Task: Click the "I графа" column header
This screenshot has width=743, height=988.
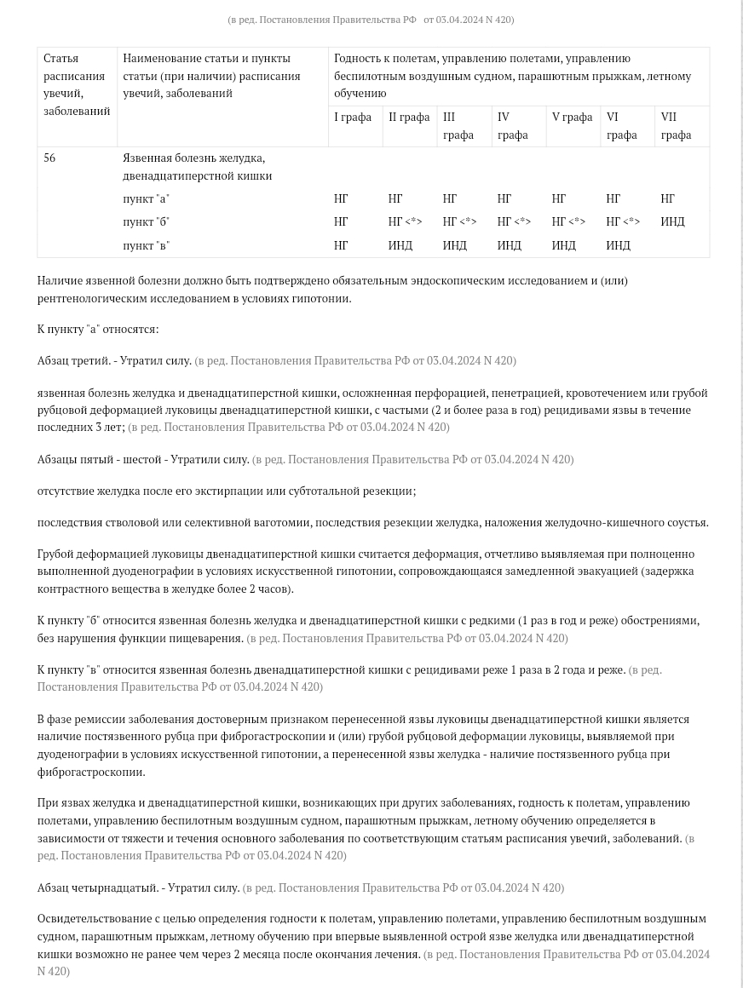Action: click(x=352, y=117)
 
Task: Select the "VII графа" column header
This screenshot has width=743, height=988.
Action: click(x=676, y=125)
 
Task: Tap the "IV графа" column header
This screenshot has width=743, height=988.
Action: click(x=512, y=125)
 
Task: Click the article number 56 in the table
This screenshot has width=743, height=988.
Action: click(x=49, y=158)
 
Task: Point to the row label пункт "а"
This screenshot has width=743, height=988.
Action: click(x=146, y=198)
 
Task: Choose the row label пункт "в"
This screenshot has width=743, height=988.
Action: click(x=146, y=245)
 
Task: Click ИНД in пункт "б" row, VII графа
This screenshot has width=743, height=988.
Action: click(x=672, y=221)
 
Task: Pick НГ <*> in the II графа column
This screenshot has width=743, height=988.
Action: click(x=405, y=221)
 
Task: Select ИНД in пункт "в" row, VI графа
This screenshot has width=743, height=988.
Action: click(x=618, y=245)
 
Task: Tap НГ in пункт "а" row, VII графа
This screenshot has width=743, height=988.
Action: click(x=667, y=198)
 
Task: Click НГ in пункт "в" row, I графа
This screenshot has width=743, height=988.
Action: click(x=341, y=245)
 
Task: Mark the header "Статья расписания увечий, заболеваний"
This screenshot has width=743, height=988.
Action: click(x=77, y=84)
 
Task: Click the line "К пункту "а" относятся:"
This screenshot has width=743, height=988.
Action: click(x=97, y=329)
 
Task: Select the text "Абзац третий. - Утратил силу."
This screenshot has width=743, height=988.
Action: click(x=114, y=360)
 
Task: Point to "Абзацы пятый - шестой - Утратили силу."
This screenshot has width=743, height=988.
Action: click(x=143, y=459)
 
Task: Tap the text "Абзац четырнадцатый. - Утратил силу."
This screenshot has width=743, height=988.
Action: click(x=138, y=887)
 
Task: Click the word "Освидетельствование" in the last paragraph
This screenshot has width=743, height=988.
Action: click(x=91, y=918)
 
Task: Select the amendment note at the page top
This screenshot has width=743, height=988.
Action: click(x=371, y=19)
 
